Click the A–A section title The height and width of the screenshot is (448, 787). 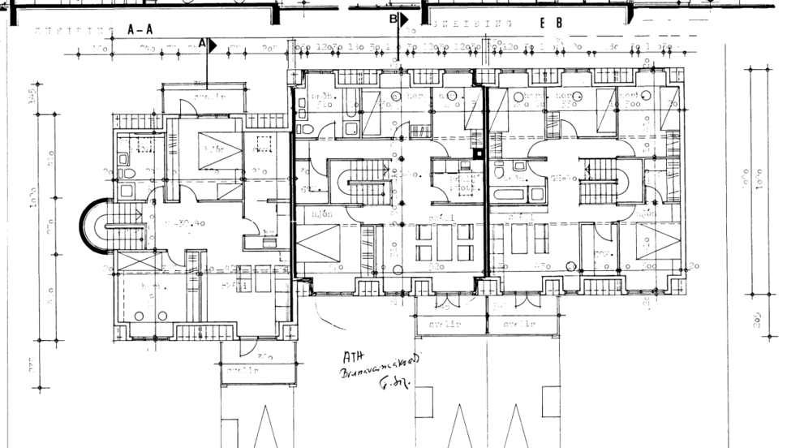click(140, 29)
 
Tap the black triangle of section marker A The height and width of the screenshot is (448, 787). click(213, 45)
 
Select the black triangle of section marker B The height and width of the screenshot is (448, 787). click(403, 18)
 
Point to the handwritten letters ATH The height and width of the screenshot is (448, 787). click(354, 358)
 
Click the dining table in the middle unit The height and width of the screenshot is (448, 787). click(445, 242)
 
